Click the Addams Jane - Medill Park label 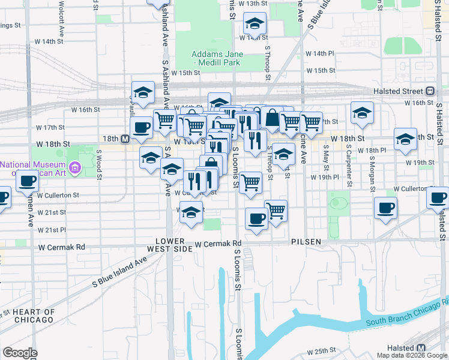(x=215, y=58)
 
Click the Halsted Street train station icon (x=430, y=91)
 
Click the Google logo (x=20, y=353)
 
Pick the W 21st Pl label (x=52, y=230)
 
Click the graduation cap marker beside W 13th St (x=255, y=25)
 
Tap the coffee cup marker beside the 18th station (x=142, y=127)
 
